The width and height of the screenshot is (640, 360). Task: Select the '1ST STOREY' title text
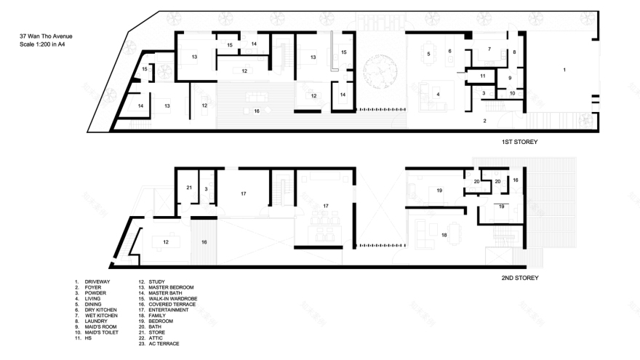pyautogui.click(x=519, y=142)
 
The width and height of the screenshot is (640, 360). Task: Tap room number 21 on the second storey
pyautogui.click(x=189, y=188)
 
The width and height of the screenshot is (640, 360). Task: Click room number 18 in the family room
pyautogui.click(x=444, y=235)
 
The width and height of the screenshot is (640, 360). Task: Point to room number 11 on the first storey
pyautogui.click(x=482, y=76)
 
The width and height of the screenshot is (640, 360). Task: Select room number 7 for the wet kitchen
pyautogui.click(x=489, y=49)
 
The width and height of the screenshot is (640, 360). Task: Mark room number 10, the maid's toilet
pyautogui.click(x=512, y=94)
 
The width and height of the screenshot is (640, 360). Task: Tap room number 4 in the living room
pyautogui.click(x=438, y=94)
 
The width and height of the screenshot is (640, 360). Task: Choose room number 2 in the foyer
pyautogui.click(x=484, y=121)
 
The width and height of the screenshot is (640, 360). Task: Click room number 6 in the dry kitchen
pyautogui.click(x=450, y=51)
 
